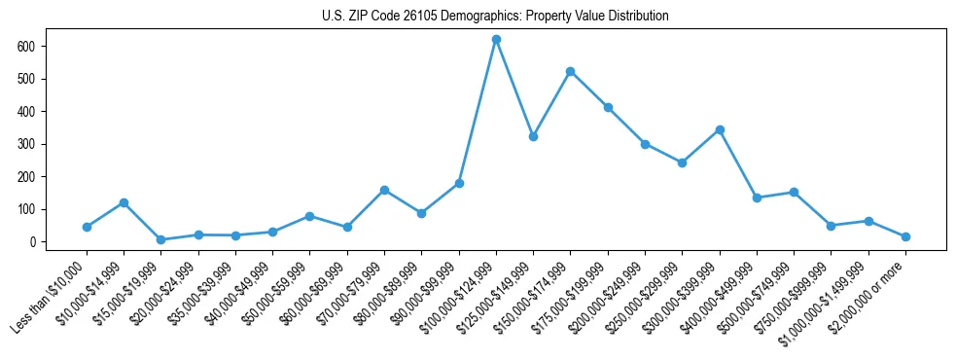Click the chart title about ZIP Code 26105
tap(495, 17)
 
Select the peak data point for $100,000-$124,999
tap(496, 39)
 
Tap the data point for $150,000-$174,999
tap(571, 71)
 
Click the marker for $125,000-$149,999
tap(533, 136)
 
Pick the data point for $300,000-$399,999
tap(720, 129)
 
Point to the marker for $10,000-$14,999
tap(124, 202)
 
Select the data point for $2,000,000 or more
tap(905, 236)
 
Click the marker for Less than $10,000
tap(87, 227)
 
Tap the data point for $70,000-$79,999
tap(384, 190)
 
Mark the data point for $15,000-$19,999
tap(160, 239)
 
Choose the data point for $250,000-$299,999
tap(682, 162)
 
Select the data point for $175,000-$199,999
tap(608, 107)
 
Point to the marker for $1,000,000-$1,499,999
tap(868, 221)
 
